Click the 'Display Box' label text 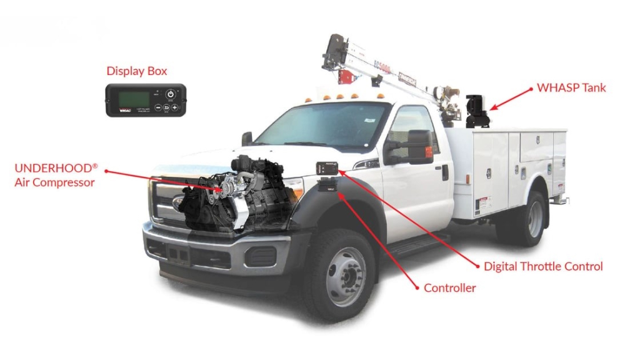(137, 71)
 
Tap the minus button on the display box (158, 107)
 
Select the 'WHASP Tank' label (571, 87)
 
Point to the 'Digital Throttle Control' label (543, 266)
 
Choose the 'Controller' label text (449, 288)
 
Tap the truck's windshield (319, 126)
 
